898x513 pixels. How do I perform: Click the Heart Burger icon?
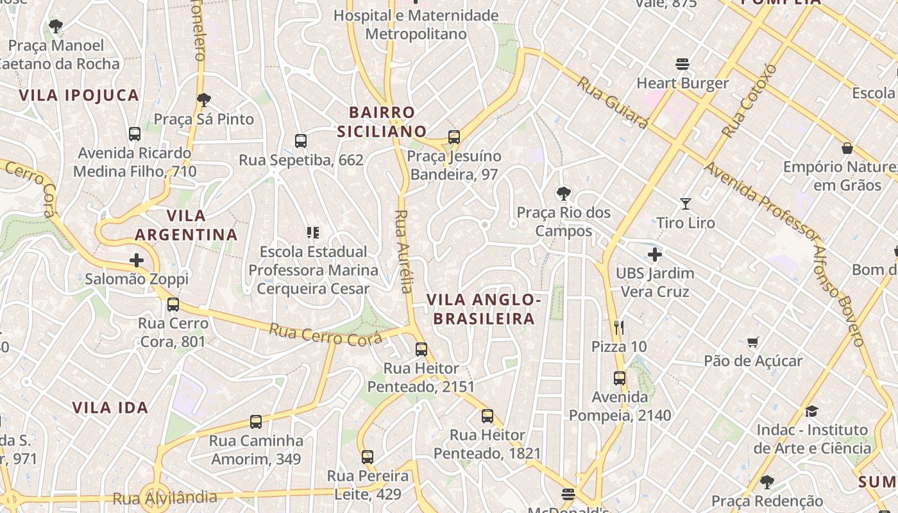[682, 64]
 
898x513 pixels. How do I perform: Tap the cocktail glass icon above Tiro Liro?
[686, 204]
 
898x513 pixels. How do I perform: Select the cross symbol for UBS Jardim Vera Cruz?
[654, 255]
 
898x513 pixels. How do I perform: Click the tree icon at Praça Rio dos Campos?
[563, 193]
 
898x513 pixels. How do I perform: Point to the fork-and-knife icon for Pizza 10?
[619, 328]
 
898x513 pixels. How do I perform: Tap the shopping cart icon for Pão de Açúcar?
[753, 342]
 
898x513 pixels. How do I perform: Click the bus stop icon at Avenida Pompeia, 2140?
[619, 378]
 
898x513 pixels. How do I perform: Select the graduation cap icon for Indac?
[812, 411]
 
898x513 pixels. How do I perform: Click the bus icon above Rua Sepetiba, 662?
[300, 141]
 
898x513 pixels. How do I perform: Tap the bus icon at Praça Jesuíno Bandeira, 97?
[454, 137]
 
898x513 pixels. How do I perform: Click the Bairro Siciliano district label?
[382, 122]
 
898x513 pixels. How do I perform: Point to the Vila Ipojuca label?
[79, 96]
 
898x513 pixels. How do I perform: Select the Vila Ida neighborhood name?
[110, 408]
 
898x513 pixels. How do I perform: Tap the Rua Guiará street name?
[612, 103]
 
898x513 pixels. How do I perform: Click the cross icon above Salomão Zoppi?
[136, 260]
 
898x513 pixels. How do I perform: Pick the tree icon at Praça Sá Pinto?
[204, 100]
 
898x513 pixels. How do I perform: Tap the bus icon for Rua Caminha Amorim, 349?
[256, 422]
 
